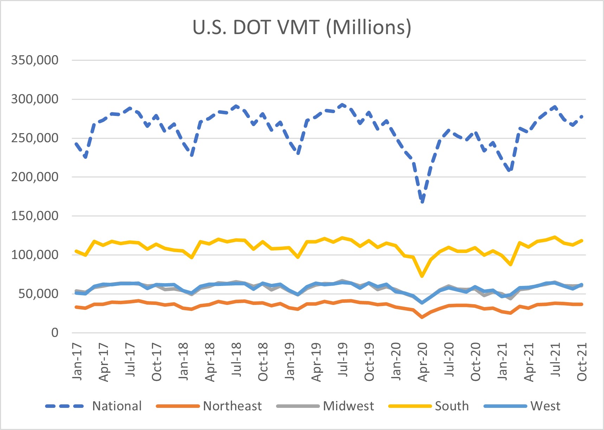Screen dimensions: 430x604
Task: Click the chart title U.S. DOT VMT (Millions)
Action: coord(302,27)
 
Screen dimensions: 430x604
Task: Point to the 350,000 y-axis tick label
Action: coord(34,60)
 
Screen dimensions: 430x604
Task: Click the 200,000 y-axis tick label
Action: coord(34,177)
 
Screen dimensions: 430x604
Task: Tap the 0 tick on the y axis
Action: coord(55,332)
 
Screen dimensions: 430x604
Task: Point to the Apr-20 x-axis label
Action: coord(422,362)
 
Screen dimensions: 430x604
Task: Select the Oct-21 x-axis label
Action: coord(582,362)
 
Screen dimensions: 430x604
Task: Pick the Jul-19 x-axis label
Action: coord(343,360)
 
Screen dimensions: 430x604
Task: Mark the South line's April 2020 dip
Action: coord(422,276)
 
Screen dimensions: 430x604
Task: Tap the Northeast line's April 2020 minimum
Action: coord(422,317)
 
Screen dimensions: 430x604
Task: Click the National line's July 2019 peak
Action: coord(343,105)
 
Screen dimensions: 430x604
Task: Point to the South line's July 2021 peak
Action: coord(555,237)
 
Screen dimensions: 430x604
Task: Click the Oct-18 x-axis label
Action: coord(263,362)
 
